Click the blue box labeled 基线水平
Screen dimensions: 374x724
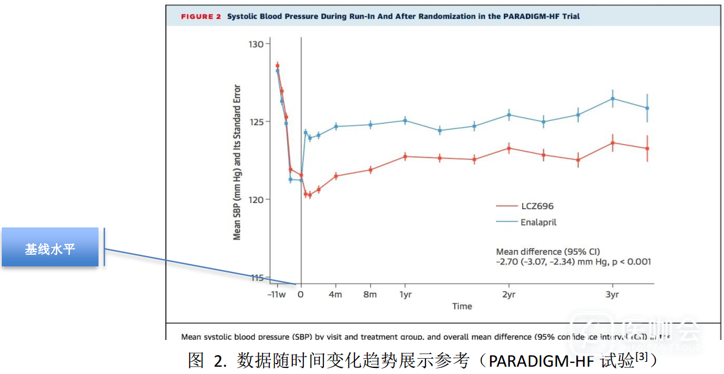click(x=50, y=248)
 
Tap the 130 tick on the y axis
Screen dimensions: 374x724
click(x=260, y=44)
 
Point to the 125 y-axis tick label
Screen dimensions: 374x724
click(x=260, y=122)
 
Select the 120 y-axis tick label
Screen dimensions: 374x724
click(x=260, y=199)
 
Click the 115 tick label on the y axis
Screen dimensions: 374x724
click(x=260, y=278)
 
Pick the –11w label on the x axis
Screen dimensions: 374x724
click(x=277, y=294)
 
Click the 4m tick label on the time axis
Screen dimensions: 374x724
click(x=336, y=294)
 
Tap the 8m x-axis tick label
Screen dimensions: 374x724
click(x=370, y=294)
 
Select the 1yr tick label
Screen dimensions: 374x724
click(x=405, y=294)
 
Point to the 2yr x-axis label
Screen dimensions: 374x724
click(x=509, y=294)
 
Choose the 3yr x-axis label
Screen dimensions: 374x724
click(x=612, y=294)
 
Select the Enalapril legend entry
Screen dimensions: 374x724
click(x=539, y=222)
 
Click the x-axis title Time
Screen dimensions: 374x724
click(x=462, y=306)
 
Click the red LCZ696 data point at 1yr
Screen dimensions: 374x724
click(x=405, y=156)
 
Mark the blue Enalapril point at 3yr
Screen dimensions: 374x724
click(x=613, y=99)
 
